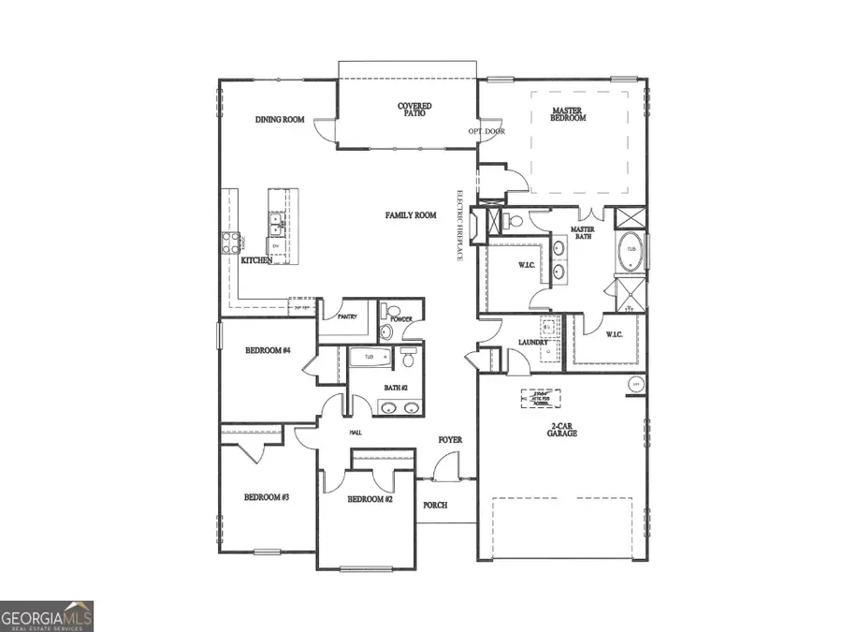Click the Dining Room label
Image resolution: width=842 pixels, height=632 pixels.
pos(280,120)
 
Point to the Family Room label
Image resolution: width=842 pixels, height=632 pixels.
pos(411,215)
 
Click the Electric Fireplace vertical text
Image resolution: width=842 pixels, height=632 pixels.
pos(458,226)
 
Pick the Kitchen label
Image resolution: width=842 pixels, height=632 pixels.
pos(256,260)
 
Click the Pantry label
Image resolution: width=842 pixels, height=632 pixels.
pos(347,317)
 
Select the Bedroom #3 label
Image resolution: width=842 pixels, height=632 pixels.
pos(266,497)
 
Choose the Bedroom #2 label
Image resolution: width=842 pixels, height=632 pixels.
pos(370,500)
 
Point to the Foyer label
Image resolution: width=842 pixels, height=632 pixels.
pos(450,439)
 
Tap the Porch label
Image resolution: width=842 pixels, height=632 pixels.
pos(435,505)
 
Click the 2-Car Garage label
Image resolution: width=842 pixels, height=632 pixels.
pos(562,431)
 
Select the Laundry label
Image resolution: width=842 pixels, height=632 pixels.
pos(533,343)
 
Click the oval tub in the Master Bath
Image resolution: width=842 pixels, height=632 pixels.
pos(630,250)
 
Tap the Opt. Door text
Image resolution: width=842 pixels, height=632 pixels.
pos(486,131)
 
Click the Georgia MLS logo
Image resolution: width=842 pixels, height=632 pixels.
pos(47,616)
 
